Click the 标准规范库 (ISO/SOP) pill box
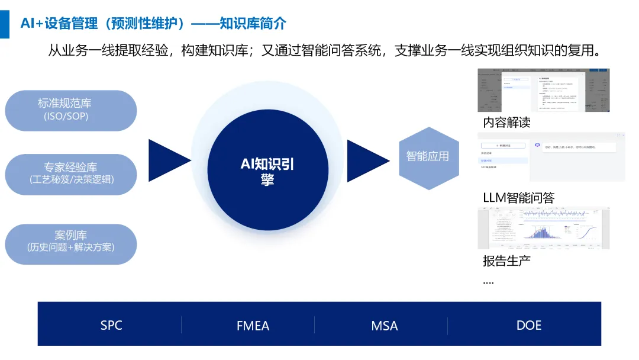pos(70,110)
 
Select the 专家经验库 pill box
pos(70,174)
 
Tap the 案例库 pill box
pos(70,243)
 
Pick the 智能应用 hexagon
pos(428,157)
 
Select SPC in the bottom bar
pos(111,326)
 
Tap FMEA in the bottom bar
pos(253,326)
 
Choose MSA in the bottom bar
pos(385,326)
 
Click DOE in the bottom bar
pos(529,326)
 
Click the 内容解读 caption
pos(506,123)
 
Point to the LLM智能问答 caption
pos(519,198)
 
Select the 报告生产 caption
pos(506,261)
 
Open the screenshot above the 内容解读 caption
pos(543,90)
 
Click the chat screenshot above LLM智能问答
pos(551,157)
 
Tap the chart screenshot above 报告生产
pos(543,228)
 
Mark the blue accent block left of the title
pos(5,23)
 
